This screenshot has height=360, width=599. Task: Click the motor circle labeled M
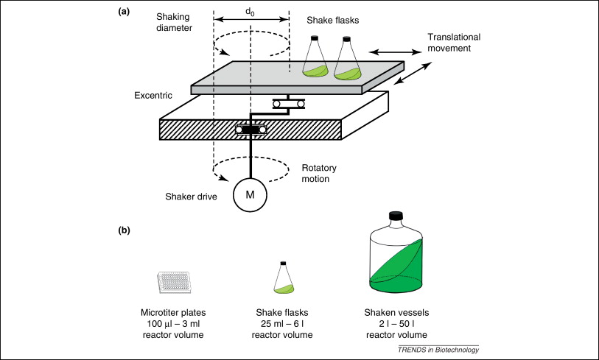(251, 196)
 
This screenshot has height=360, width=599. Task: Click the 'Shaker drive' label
(184, 196)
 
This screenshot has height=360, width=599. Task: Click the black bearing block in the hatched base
(251, 130)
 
